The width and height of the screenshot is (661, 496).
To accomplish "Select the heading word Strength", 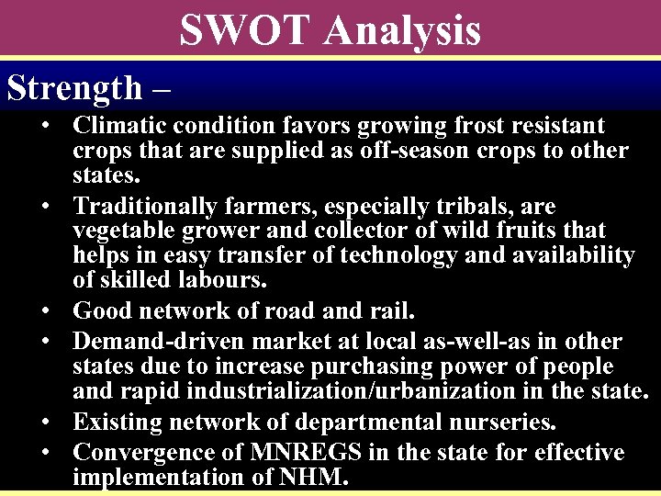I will [x=74, y=87].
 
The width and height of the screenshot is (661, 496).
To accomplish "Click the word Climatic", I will [x=121, y=125].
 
